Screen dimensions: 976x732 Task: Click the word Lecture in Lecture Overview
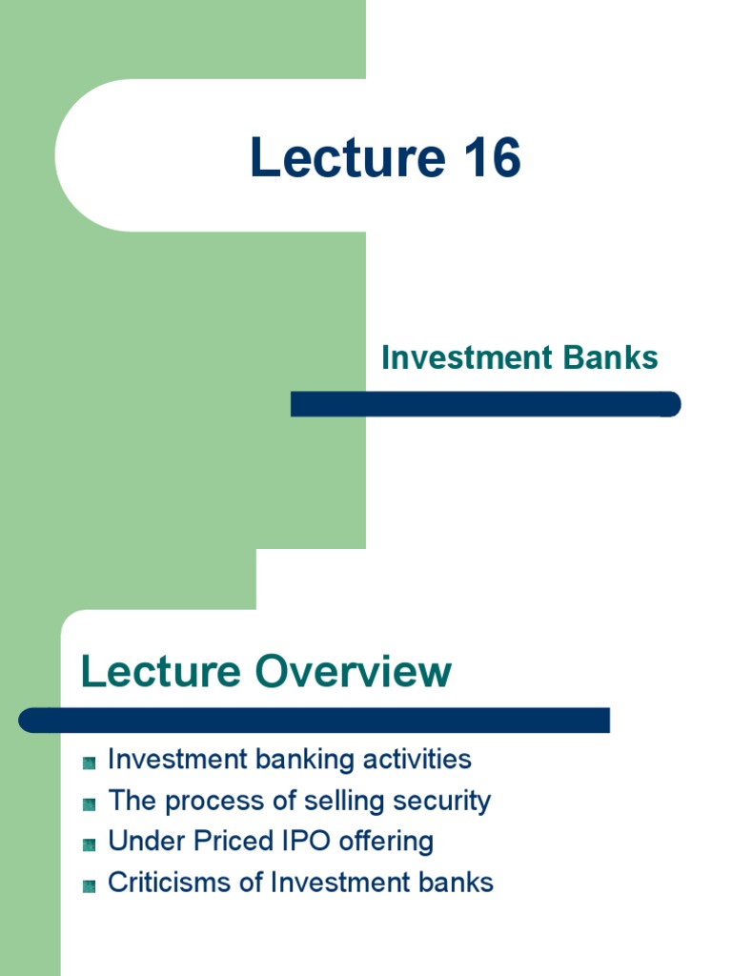tap(160, 671)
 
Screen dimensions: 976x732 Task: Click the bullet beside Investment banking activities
tap(89, 762)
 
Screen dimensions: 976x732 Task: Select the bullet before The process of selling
tap(89, 803)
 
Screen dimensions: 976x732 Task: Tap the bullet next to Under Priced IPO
tap(89, 844)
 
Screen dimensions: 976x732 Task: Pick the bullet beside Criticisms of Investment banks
tap(89, 885)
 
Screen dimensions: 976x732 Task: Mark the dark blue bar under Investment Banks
tap(485, 404)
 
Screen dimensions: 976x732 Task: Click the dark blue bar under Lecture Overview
tap(314, 720)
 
